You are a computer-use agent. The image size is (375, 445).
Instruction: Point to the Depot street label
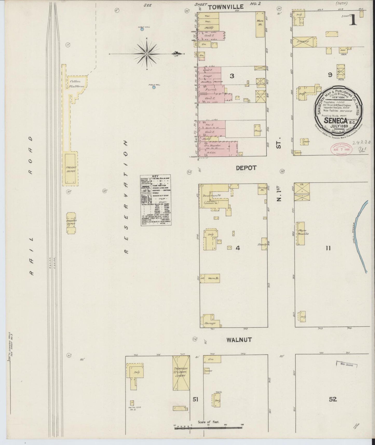click(x=246, y=168)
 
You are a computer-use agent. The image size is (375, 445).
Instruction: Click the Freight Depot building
click(x=71, y=169)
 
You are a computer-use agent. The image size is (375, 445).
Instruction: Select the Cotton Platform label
click(x=75, y=83)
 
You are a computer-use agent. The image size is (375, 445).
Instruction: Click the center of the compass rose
click(x=147, y=54)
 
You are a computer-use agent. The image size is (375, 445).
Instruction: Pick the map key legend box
click(x=155, y=200)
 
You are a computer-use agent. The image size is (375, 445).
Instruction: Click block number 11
click(x=328, y=248)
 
